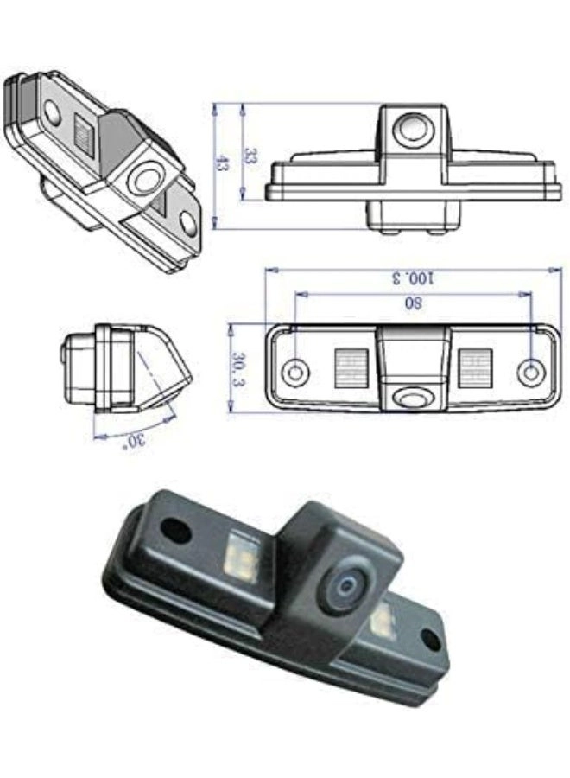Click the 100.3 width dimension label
(x=413, y=277)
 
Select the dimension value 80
(x=413, y=303)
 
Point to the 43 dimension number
(x=221, y=164)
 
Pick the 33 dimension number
(x=250, y=156)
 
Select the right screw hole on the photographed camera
(x=429, y=641)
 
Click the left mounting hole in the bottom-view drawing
(x=295, y=372)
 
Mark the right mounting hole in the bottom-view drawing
(x=529, y=372)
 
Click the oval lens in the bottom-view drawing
(x=413, y=396)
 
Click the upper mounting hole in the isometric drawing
(x=52, y=110)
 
